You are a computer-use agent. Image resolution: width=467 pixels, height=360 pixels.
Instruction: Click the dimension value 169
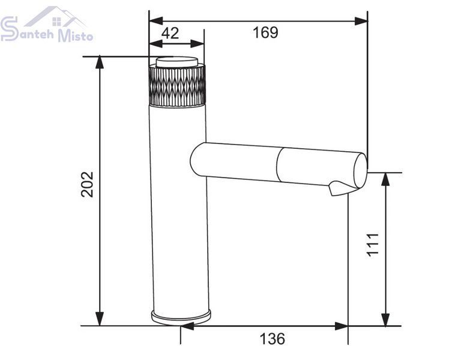click(x=265, y=32)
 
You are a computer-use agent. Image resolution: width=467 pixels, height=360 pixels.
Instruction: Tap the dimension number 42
click(x=170, y=33)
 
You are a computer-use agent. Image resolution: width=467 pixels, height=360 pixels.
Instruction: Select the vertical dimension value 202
click(x=87, y=184)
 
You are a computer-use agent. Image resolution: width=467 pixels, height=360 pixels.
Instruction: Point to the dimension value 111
click(x=373, y=244)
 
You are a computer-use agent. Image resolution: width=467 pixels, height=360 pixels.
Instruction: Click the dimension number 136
click(x=273, y=338)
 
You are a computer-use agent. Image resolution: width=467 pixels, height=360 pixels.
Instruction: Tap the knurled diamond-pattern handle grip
click(x=177, y=85)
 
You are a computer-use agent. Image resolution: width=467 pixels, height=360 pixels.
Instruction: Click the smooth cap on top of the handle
click(x=177, y=62)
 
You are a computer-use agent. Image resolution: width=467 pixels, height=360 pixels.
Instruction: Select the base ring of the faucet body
click(x=181, y=317)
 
